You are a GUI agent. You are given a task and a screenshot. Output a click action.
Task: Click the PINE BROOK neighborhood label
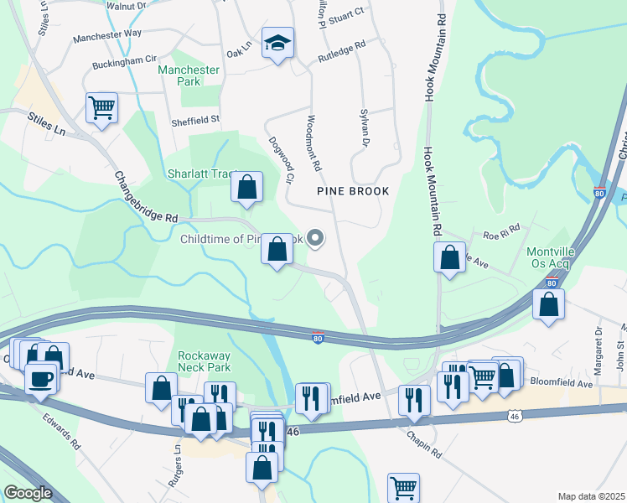point(353,191)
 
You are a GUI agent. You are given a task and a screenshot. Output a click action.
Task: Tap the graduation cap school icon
point(276,43)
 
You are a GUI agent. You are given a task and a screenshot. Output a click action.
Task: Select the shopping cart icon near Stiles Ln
point(101,108)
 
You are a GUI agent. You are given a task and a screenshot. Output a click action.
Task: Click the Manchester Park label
point(189,75)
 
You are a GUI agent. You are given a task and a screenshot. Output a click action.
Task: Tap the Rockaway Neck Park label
point(205,360)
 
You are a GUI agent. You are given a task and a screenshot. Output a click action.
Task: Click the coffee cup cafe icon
point(41,379)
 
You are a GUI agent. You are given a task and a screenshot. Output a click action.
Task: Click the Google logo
point(28,493)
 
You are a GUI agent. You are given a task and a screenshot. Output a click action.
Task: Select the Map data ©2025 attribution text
point(591,496)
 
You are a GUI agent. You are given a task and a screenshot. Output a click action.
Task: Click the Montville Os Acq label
point(548,258)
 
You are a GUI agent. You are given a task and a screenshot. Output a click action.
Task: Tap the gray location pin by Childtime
point(316,239)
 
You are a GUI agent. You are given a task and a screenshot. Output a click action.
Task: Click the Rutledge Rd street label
point(341,52)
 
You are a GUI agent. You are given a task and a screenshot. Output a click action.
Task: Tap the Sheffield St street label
point(194,121)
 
